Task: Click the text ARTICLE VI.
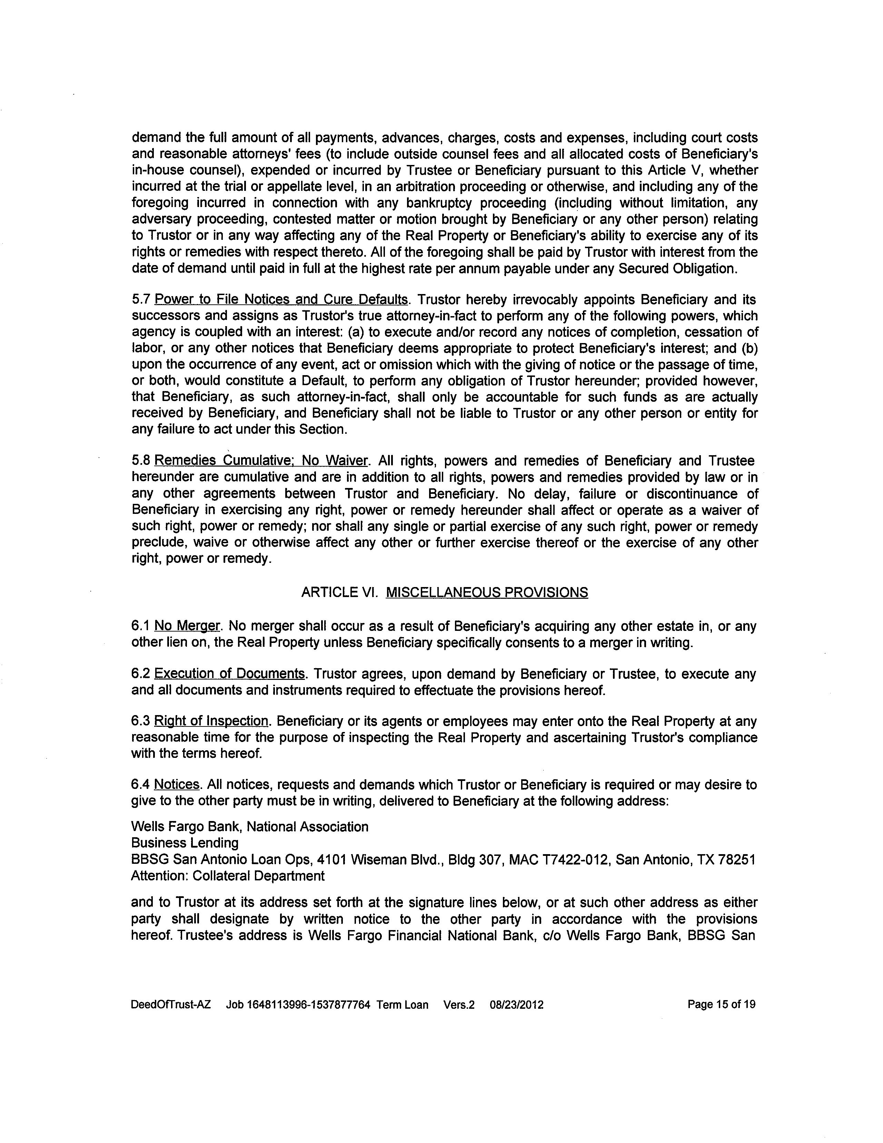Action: point(339,593)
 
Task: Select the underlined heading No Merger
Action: point(187,626)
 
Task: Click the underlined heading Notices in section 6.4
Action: point(177,785)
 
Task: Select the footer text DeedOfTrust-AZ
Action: point(171,1005)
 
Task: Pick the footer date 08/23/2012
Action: point(516,1005)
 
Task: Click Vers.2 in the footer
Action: point(459,1005)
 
